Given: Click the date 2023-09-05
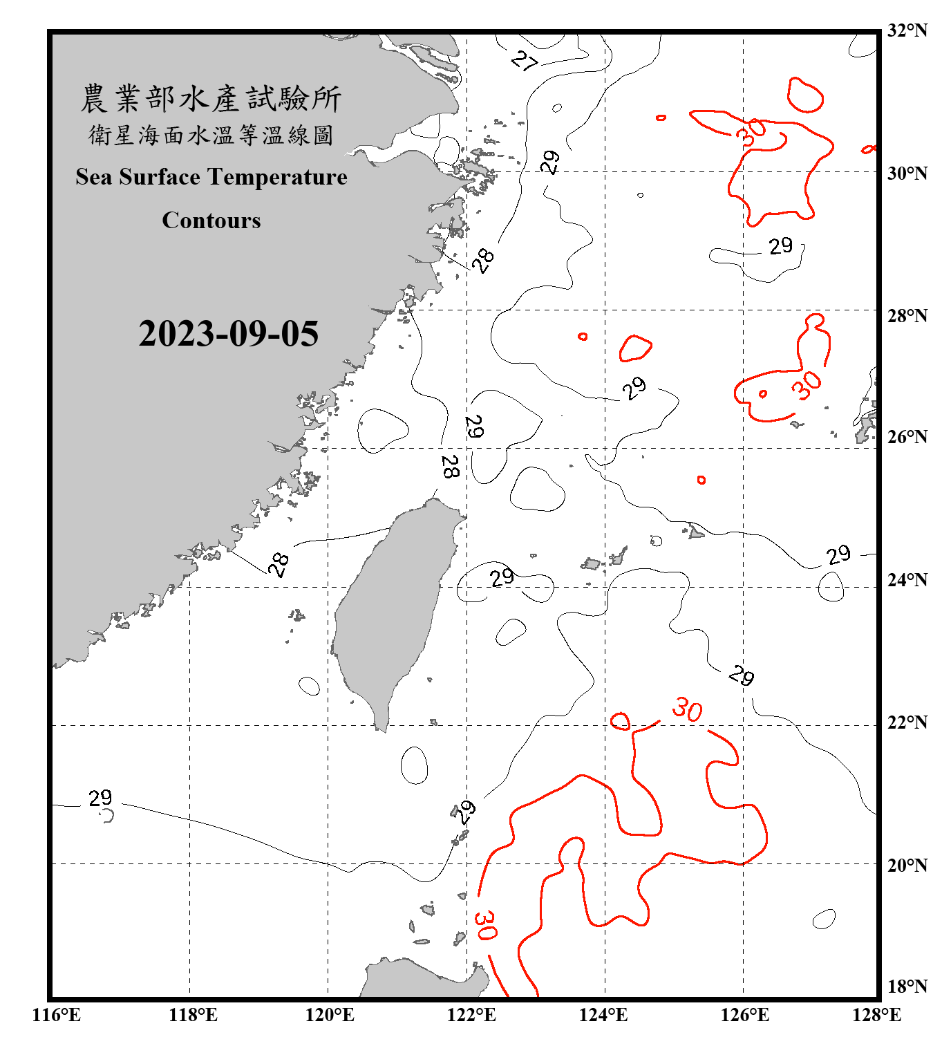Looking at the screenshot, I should tap(228, 333).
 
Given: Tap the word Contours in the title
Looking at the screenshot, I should tap(211, 220).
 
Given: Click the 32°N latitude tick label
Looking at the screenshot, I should tap(907, 30).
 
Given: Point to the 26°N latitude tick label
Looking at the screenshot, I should tap(907, 437).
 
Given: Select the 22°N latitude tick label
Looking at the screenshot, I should tap(907, 722).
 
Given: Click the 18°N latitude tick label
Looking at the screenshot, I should tap(907, 987).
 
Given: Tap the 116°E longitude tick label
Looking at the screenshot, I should tap(57, 1015).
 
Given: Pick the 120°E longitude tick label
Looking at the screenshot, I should tap(330, 1015).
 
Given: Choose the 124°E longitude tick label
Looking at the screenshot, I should tap(603, 1015).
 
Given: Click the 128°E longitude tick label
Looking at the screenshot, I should tap(876, 1015).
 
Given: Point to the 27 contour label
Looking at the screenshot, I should tap(525, 61).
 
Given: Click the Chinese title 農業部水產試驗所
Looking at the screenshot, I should tap(211, 98).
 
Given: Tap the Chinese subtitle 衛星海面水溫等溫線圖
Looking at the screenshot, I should tap(211, 135).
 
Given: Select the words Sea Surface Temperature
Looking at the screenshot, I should tap(211, 177).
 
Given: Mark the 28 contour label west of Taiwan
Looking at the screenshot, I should tap(279, 564).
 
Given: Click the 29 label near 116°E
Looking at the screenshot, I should tap(100, 798).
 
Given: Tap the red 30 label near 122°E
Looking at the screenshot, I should tap(485, 925).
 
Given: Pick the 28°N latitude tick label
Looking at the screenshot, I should tap(907, 316).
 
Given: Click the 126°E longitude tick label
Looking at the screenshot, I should tap(744, 1015).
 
